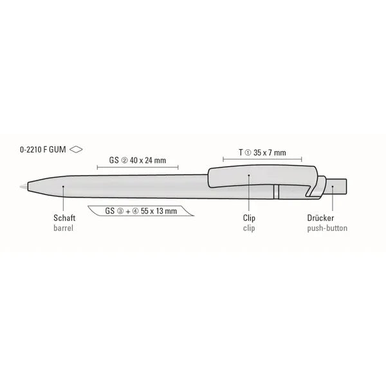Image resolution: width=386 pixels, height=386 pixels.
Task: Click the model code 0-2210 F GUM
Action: [x=43, y=149]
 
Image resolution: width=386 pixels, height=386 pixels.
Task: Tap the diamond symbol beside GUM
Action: [x=76, y=149]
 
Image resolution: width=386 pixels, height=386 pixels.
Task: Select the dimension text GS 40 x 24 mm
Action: [x=138, y=160]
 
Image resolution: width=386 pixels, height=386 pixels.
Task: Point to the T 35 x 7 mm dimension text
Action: [x=262, y=152]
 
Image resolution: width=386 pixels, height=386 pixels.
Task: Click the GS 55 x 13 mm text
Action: [x=141, y=211]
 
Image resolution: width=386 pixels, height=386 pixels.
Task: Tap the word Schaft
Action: [x=64, y=218]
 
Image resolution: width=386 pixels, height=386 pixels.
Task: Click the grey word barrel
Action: [x=63, y=228]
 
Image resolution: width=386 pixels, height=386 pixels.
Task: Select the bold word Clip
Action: [x=249, y=218]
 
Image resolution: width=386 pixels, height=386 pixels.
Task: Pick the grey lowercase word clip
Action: [x=249, y=228]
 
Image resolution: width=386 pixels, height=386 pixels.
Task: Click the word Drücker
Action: [x=320, y=218]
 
